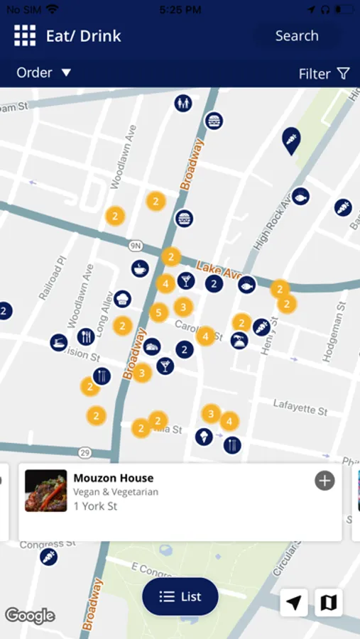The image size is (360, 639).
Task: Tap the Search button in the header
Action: point(297,36)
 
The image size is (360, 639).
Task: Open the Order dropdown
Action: point(44,72)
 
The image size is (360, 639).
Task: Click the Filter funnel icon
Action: point(343,73)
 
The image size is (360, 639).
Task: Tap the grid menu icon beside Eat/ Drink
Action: point(25,36)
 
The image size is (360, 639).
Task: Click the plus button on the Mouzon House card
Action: point(324,481)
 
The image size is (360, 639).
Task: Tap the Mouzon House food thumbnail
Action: point(46,491)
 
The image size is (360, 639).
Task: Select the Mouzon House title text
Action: point(114,478)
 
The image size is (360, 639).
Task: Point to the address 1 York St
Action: point(95,506)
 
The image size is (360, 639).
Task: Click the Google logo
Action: point(30,615)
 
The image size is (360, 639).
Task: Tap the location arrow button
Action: point(294,603)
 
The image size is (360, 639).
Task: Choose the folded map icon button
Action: point(329,603)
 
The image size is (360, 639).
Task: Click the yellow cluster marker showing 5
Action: point(159,312)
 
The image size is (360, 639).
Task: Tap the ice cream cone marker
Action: point(204,436)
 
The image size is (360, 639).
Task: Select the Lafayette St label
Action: point(300,406)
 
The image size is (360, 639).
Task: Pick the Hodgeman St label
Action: point(337,331)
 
